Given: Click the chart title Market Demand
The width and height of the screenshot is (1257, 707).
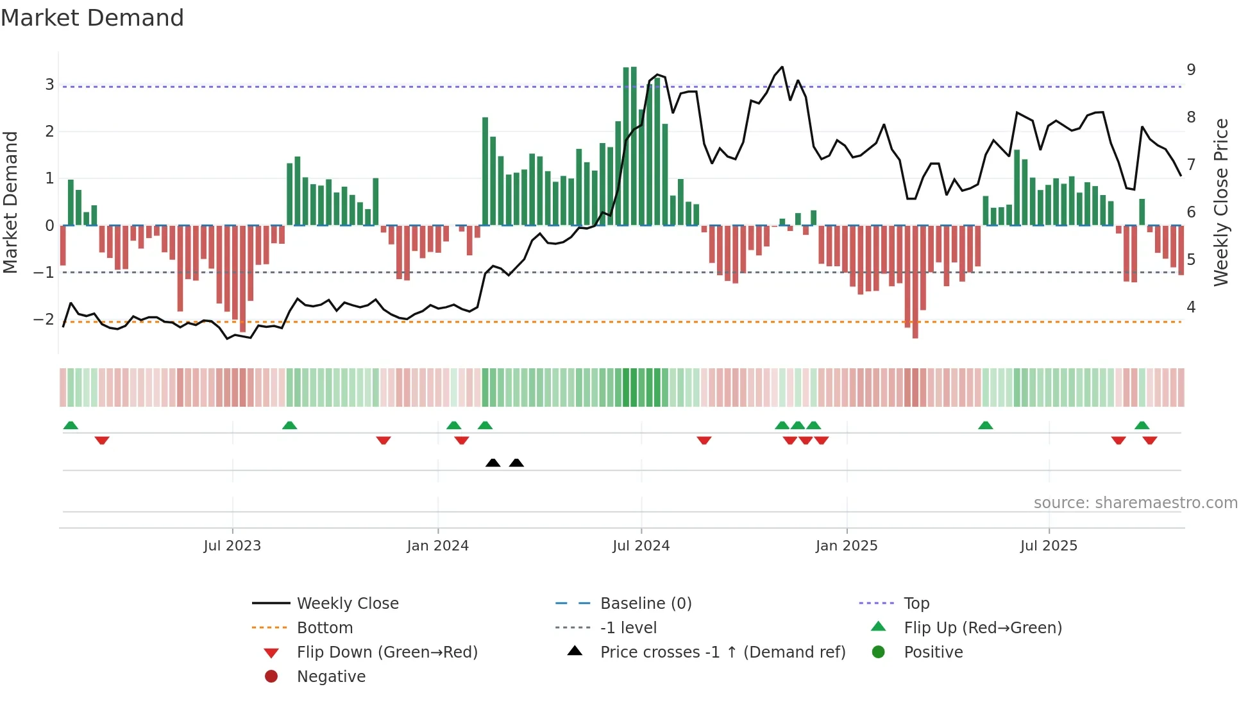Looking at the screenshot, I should (92, 17).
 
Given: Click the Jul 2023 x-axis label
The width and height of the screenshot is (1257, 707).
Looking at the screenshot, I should (232, 546).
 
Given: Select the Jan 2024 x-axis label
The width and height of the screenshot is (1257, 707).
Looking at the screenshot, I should (438, 546).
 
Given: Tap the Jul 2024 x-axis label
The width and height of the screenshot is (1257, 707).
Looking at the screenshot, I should (641, 546).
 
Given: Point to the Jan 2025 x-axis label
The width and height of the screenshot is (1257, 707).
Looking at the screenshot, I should (847, 546).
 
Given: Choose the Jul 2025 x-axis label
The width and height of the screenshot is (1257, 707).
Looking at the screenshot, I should (1049, 546).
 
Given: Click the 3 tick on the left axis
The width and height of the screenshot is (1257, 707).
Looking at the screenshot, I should (49, 84).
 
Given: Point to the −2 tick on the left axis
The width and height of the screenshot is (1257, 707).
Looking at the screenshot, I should (44, 319).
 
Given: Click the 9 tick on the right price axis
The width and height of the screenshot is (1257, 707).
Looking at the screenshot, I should (1191, 69).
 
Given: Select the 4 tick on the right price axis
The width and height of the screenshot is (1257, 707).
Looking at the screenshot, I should (1191, 307).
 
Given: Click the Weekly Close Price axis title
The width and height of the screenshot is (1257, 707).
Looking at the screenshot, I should (1221, 202).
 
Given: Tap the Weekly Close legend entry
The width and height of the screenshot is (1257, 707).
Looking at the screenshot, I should (348, 603).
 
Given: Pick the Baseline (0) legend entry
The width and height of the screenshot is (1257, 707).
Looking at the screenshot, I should (646, 603).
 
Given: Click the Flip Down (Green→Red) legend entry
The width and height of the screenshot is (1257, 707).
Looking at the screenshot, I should (387, 652).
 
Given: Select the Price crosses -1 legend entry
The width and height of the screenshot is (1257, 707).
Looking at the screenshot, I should (723, 652).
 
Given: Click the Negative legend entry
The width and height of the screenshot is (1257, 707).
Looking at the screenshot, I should (331, 677).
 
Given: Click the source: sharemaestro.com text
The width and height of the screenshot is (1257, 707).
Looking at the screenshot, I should (1135, 502).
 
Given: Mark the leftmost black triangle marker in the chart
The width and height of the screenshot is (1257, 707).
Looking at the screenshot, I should (493, 463).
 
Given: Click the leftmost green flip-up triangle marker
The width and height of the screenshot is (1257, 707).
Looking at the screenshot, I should (71, 425).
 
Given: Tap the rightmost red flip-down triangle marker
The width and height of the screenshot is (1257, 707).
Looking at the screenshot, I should (1150, 440).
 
